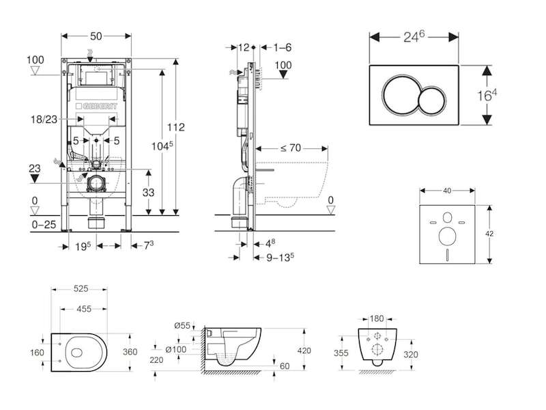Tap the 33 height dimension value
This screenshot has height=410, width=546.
point(147,193)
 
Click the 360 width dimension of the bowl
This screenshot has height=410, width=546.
point(148,352)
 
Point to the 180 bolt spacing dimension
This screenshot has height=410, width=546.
point(376,319)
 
